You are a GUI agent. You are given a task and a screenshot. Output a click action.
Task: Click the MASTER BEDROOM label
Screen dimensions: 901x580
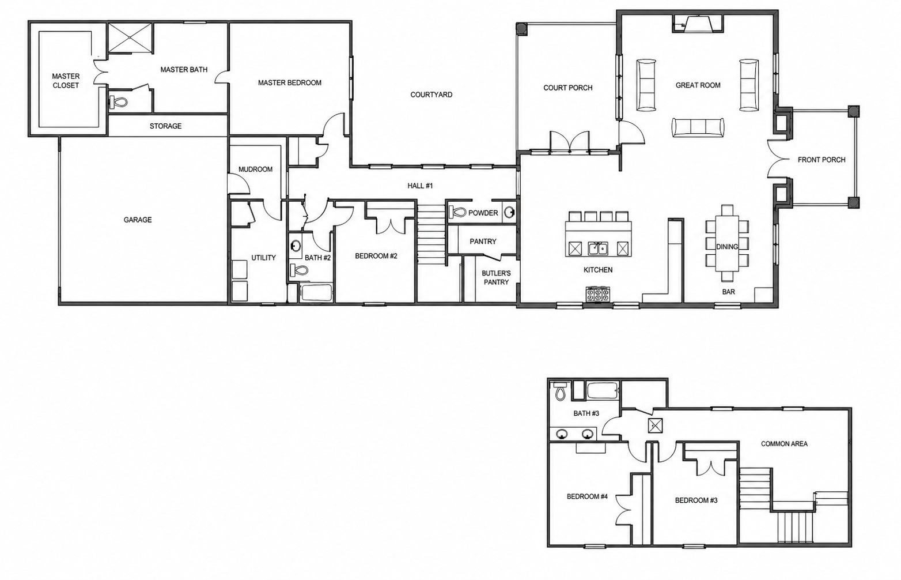pyautogui.click(x=290, y=83)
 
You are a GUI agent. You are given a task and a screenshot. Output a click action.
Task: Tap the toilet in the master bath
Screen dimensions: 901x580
pyautogui.click(x=118, y=103)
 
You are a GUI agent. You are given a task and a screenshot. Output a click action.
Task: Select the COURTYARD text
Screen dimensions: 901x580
pyautogui.click(x=431, y=95)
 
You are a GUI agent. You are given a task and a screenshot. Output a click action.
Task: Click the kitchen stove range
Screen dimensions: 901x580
pyautogui.click(x=598, y=294)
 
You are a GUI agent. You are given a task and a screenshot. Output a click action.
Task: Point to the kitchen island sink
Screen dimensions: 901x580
pyautogui.click(x=598, y=248)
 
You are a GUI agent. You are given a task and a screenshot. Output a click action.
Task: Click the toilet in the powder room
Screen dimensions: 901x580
pyautogui.click(x=457, y=212)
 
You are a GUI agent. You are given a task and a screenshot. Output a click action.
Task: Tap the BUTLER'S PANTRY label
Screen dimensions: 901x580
pyautogui.click(x=497, y=278)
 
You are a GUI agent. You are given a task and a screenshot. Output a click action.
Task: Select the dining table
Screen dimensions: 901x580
pyautogui.click(x=727, y=243)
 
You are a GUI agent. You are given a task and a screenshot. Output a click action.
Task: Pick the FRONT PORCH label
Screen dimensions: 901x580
pyautogui.click(x=821, y=160)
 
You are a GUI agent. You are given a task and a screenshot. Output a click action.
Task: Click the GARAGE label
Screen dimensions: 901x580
pyautogui.click(x=138, y=220)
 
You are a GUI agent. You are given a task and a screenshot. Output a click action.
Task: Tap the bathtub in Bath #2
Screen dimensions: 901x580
pyautogui.click(x=316, y=293)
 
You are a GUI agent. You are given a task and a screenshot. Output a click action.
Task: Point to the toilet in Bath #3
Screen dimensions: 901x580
pyautogui.click(x=560, y=391)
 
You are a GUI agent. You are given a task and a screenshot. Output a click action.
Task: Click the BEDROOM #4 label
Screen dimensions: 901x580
pyautogui.click(x=587, y=496)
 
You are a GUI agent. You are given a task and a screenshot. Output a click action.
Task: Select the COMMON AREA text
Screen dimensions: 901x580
pyautogui.click(x=784, y=444)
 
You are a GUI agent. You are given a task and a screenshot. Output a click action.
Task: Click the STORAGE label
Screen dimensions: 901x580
pyautogui.click(x=165, y=126)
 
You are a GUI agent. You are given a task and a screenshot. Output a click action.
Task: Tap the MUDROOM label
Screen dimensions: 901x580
pyautogui.click(x=255, y=170)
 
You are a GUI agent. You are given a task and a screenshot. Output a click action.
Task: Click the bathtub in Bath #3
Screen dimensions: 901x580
pyautogui.click(x=602, y=391)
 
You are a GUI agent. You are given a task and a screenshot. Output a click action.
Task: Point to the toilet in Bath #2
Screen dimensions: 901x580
pyautogui.click(x=299, y=270)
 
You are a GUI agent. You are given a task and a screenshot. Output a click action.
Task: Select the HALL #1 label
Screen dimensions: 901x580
pyautogui.click(x=420, y=186)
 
